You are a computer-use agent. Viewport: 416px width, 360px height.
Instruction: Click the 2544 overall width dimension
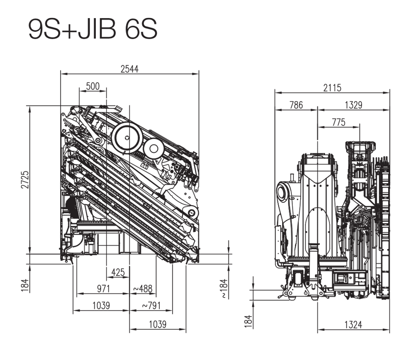point(130,69)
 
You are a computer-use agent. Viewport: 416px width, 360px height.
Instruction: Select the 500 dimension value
point(93,86)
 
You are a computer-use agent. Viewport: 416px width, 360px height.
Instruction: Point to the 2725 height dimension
point(25,180)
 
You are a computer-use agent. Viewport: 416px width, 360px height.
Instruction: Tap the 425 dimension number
point(118,272)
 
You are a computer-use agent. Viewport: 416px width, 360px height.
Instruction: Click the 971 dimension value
point(104,289)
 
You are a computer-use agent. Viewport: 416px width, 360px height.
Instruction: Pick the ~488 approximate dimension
point(143,289)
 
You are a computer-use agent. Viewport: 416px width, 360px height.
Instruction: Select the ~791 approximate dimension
point(151,306)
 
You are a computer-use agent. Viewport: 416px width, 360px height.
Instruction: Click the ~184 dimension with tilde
point(224,288)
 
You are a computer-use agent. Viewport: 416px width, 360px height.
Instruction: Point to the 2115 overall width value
point(332,88)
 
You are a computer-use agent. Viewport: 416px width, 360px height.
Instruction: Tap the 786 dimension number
point(296,105)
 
